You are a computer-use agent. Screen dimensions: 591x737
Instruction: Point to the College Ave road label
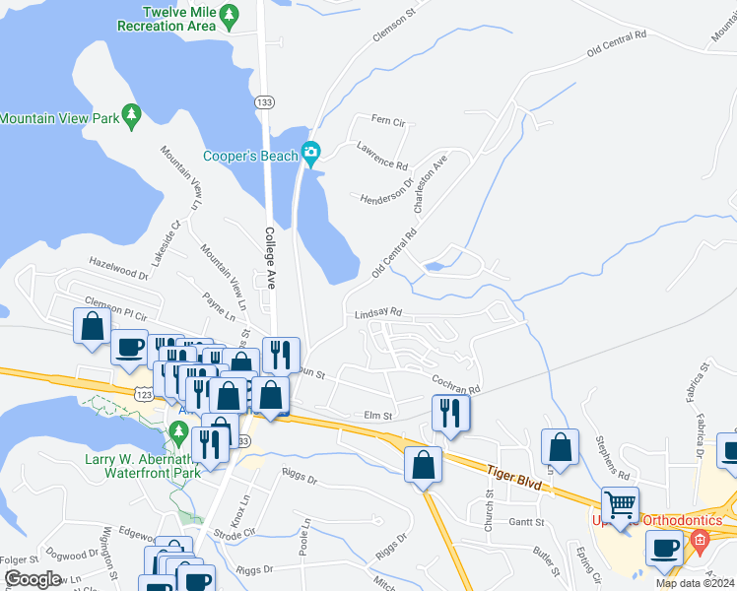point(270,258)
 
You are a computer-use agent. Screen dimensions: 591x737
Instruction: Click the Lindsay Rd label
point(378,312)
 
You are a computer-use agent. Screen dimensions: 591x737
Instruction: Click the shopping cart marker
point(620,505)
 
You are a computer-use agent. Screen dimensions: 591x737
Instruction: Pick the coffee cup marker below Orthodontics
point(664,547)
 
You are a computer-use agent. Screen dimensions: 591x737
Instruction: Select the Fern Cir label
point(388,120)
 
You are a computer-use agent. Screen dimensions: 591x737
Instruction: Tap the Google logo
point(32,579)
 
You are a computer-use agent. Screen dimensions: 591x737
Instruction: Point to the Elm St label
point(378,416)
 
